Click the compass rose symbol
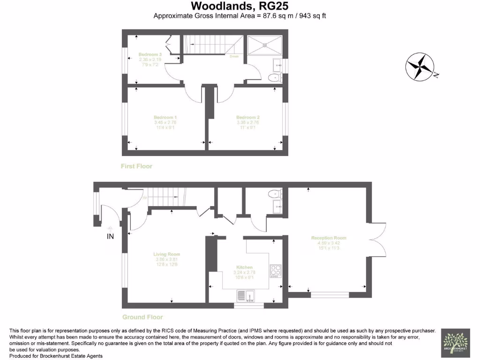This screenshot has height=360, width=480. [x=421, y=66]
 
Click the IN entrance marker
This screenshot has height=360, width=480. [x=110, y=237]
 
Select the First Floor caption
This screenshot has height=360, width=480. [x=136, y=166]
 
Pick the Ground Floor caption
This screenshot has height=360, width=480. [x=142, y=317]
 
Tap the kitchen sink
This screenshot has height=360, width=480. [x=246, y=296]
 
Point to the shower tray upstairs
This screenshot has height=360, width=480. [x=265, y=45]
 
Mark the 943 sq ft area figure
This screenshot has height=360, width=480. [x=309, y=15]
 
